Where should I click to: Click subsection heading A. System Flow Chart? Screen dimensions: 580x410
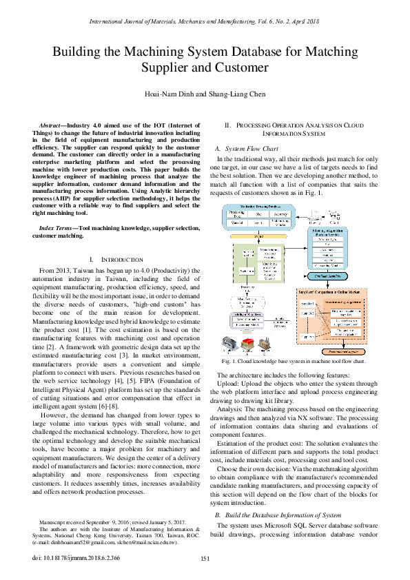click(x=247, y=148)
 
